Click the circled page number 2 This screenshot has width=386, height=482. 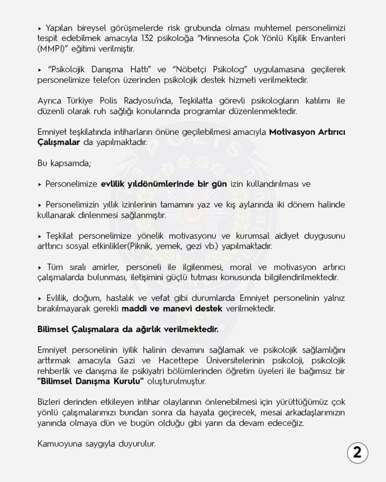[x=357, y=453]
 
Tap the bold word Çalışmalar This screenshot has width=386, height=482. [x=59, y=142]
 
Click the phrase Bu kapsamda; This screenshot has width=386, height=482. [x=64, y=163]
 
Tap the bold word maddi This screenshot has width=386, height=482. [x=140, y=308]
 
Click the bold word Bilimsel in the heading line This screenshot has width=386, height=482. [x=53, y=329]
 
